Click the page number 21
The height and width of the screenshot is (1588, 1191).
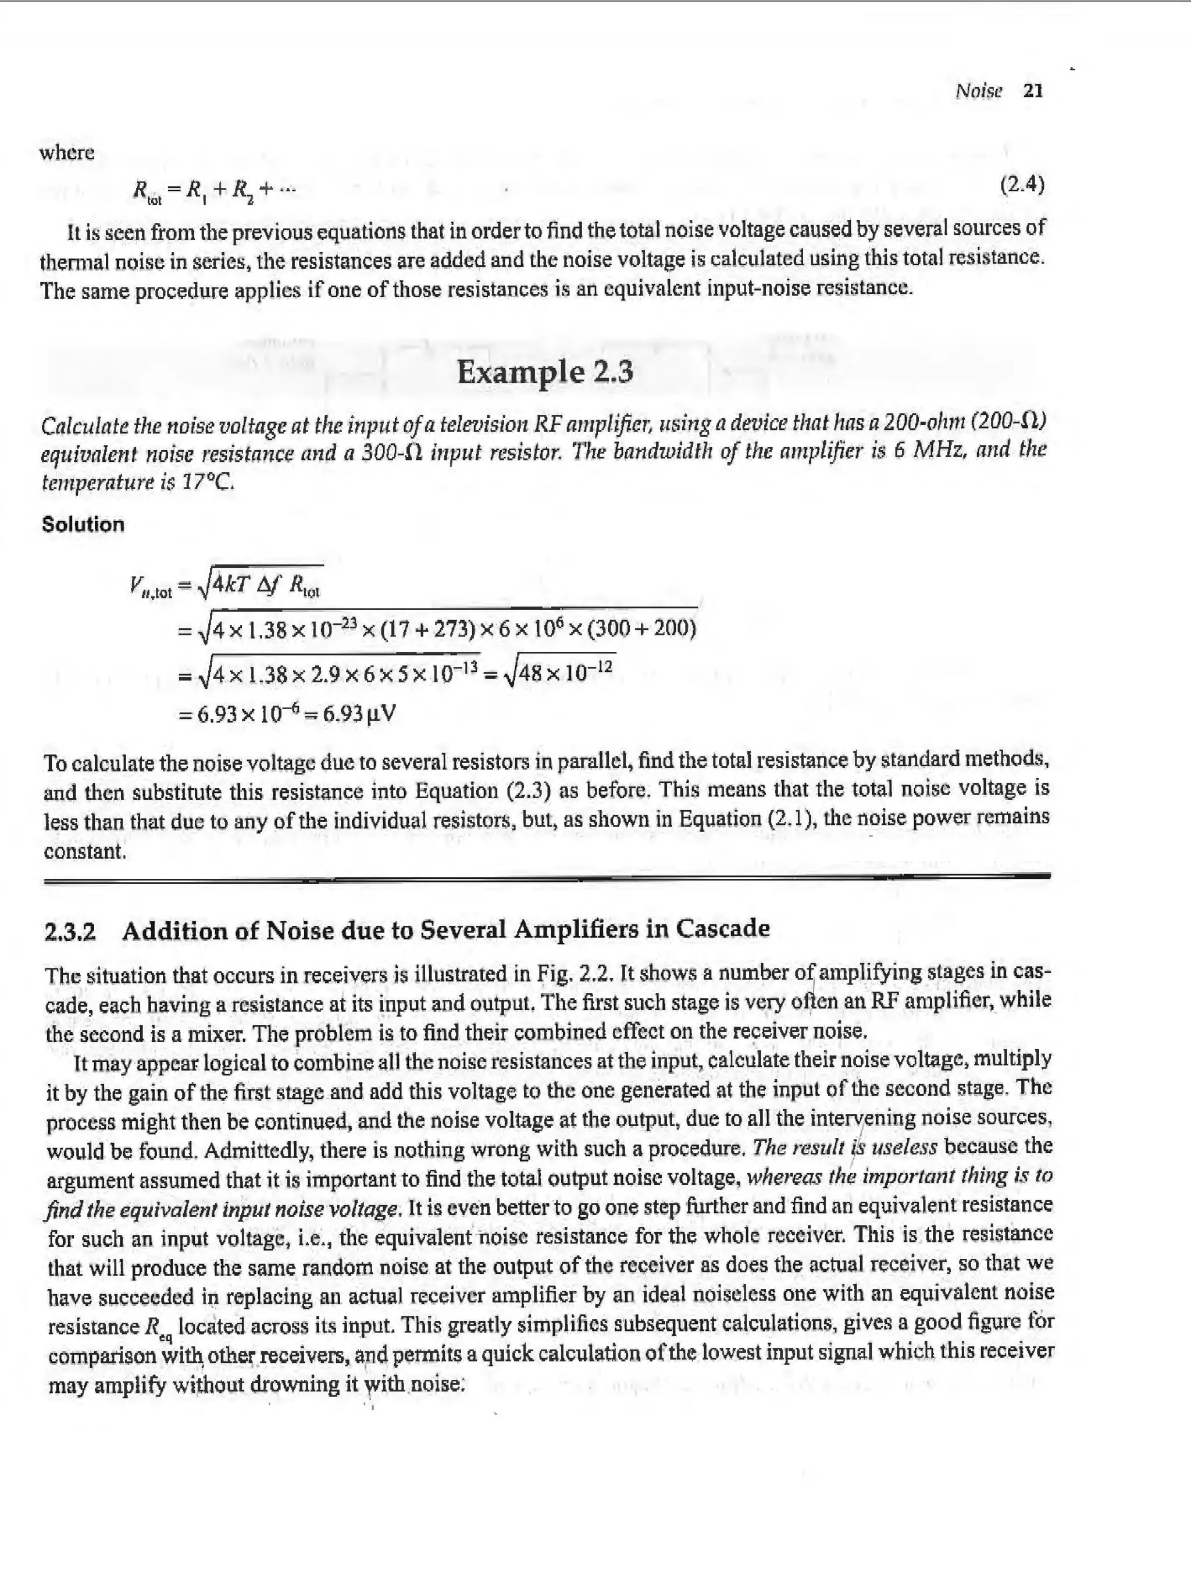click(x=1032, y=91)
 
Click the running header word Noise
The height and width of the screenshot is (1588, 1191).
click(x=979, y=91)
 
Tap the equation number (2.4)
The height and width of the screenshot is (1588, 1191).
click(x=1022, y=184)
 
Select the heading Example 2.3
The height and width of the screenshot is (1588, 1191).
click(x=545, y=372)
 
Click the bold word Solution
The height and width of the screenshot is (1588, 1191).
click(x=83, y=524)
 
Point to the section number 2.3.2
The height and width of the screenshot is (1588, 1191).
click(x=70, y=931)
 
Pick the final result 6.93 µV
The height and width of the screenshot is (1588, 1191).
click(x=359, y=714)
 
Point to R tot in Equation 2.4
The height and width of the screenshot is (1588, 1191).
click(x=148, y=191)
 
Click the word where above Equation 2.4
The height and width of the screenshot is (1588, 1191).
click(x=67, y=153)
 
